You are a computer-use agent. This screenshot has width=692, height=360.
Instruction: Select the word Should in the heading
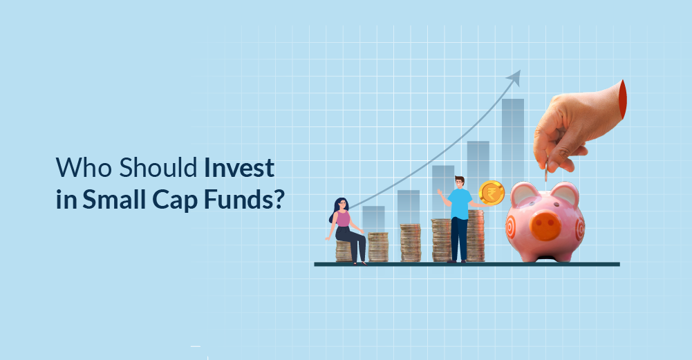point(158,167)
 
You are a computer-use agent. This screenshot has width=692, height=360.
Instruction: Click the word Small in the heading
point(114,200)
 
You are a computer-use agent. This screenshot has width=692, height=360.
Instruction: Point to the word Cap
point(175,201)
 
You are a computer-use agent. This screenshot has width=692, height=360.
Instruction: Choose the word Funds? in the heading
point(244,200)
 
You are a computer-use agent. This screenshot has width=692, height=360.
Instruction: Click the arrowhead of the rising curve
point(514,77)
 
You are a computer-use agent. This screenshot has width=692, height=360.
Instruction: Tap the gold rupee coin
point(492,193)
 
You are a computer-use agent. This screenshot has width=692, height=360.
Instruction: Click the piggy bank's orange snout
point(545,224)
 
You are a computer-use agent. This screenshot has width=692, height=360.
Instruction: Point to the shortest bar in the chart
point(374,219)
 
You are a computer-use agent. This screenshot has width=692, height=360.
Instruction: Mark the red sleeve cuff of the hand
point(623,100)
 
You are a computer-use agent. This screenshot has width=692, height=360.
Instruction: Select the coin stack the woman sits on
point(344,252)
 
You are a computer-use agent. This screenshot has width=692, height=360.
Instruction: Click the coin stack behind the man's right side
point(476,236)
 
